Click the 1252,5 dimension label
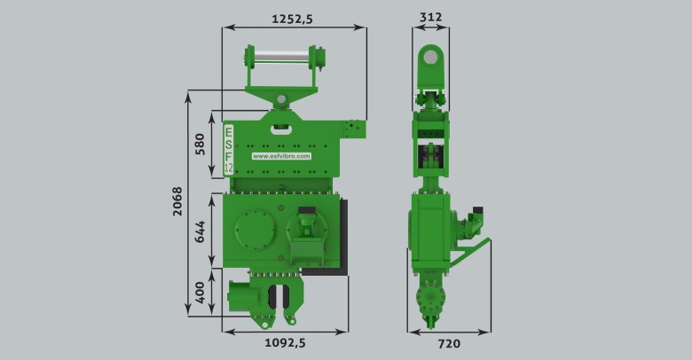click(292, 19)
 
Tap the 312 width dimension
click(430, 17)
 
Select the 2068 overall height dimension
click(177, 201)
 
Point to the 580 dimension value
click(200, 145)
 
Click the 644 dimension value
click(200, 231)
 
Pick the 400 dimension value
click(200, 293)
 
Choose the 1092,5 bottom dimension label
click(285, 343)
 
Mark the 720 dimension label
click(449, 344)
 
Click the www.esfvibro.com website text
click(281, 156)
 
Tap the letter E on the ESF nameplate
click(229, 131)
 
